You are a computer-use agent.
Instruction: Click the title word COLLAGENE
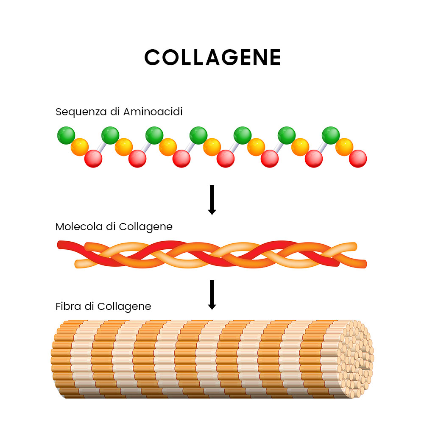click(x=212, y=57)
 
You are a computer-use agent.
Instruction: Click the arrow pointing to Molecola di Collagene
click(x=212, y=200)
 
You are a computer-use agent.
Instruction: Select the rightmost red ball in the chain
click(x=358, y=159)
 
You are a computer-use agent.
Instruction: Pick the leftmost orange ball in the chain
click(x=80, y=147)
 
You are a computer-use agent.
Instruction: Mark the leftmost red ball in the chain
click(x=93, y=159)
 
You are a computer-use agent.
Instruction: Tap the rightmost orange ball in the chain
click(x=344, y=147)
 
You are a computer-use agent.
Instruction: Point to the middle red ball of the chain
click(x=226, y=159)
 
